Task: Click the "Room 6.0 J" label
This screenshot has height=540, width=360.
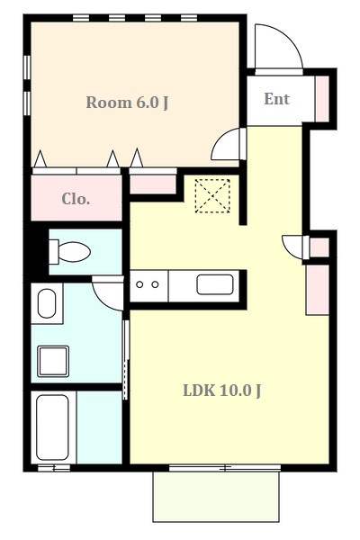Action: (127, 102)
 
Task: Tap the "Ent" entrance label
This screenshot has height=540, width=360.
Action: (276, 99)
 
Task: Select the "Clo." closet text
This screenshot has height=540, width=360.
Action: (76, 199)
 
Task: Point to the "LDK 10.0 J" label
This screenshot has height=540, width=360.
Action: (222, 391)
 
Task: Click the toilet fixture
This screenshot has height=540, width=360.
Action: (70, 251)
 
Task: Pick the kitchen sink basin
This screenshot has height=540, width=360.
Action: (215, 285)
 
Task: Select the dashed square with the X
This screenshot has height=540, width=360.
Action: (213, 196)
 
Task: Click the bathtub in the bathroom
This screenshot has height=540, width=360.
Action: (51, 427)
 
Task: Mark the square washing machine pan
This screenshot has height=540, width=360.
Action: (53, 360)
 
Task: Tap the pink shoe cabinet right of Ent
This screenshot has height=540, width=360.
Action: (322, 98)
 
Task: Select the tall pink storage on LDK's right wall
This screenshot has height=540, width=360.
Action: (317, 289)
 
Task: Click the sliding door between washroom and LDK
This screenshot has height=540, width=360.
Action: (126, 355)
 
